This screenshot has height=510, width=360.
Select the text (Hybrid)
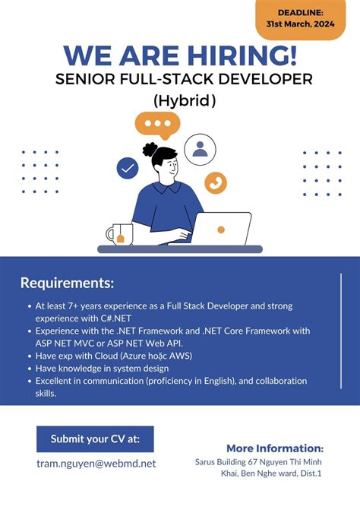click(185, 100)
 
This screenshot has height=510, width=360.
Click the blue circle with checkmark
click(127, 168)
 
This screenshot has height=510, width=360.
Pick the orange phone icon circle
click(216, 182)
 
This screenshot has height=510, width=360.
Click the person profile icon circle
click(201, 149)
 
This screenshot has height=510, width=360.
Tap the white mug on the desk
click(119, 235)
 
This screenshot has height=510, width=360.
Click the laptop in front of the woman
click(221, 230)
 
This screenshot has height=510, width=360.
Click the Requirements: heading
click(67, 284)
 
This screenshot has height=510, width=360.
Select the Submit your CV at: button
click(95, 439)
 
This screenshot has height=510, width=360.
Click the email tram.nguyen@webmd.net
click(96, 463)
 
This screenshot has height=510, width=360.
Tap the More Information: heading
click(275, 448)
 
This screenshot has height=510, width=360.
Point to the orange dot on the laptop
click(221, 229)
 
